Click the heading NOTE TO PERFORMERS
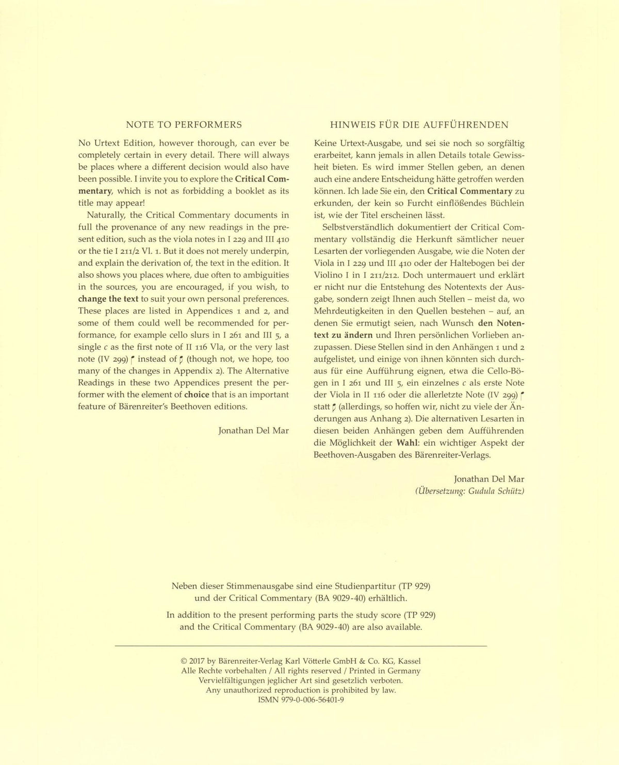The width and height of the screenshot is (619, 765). click(x=184, y=125)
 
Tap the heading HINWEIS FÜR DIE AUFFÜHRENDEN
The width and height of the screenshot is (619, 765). click(x=419, y=125)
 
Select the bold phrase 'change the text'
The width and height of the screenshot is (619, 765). click(x=108, y=299)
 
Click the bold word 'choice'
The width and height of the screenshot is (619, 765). click(x=201, y=395)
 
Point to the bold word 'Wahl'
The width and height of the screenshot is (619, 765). click(x=407, y=443)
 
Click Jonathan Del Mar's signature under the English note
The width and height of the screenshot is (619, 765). click(x=253, y=430)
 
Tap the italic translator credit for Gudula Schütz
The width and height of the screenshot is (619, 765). click(x=469, y=491)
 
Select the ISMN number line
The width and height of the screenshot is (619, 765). click(x=301, y=700)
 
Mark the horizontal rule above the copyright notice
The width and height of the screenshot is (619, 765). click(x=301, y=646)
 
